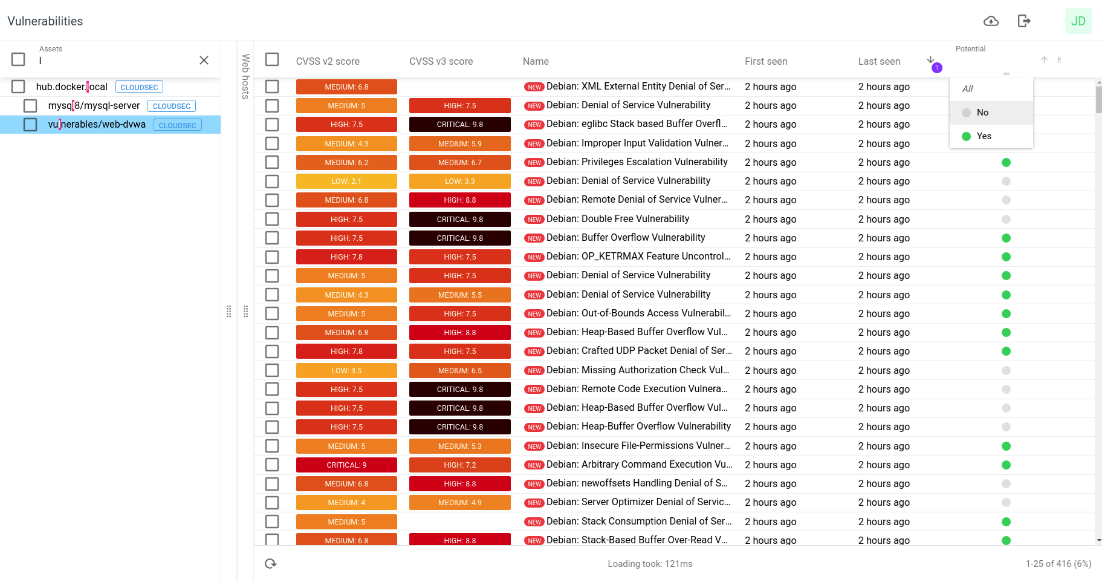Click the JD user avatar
(x=1078, y=21)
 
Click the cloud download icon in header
(x=991, y=21)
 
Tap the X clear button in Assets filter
(x=204, y=60)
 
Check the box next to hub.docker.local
(x=18, y=87)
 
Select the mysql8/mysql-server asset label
(x=94, y=106)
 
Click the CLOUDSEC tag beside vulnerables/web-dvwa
(x=177, y=125)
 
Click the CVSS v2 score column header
(x=328, y=61)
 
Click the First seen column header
(x=766, y=61)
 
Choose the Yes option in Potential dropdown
(x=984, y=136)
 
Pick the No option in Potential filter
(x=982, y=113)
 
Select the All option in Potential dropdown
(x=968, y=89)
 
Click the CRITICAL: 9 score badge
(x=346, y=465)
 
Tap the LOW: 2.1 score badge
(x=346, y=181)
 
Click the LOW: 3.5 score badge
(x=346, y=371)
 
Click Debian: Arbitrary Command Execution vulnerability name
(x=638, y=465)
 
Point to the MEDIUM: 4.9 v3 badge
(x=459, y=503)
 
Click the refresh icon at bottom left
(x=270, y=564)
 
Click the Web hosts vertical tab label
(x=245, y=76)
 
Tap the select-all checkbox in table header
(x=272, y=59)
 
